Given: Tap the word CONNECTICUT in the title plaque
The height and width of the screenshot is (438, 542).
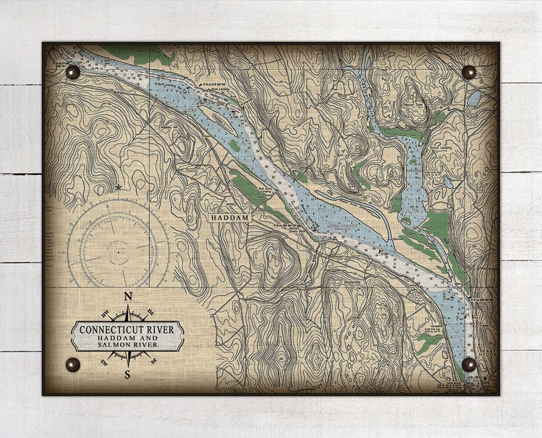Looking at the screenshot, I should (109, 330).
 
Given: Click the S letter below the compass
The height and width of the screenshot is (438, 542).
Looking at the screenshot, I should (127, 375).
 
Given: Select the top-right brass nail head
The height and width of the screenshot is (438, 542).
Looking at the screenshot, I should (469, 72).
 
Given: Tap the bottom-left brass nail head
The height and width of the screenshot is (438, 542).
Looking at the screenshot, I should (73, 365).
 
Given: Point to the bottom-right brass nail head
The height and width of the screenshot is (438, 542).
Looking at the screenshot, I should (469, 364).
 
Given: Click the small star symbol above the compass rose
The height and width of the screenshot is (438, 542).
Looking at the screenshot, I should (118, 187).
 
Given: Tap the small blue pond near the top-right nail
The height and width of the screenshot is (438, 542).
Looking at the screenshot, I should (474, 98).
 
